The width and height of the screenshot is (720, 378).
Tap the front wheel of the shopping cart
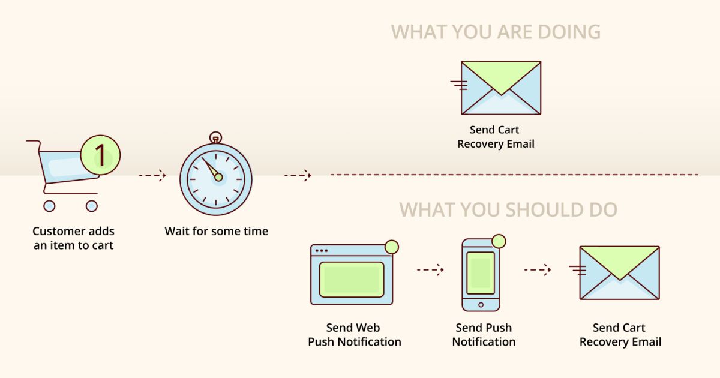[91, 206]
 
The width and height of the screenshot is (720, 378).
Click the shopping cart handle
[33, 142]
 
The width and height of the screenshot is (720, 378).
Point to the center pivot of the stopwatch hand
[218, 177]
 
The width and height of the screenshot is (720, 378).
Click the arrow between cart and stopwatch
[152, 176]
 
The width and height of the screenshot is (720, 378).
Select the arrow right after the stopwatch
[298, 176]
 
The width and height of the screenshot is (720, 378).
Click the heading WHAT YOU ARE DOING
[496, 32]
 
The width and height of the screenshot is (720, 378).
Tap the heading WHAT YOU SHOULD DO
[508, 210]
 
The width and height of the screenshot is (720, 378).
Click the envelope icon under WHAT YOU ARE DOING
[500, 88]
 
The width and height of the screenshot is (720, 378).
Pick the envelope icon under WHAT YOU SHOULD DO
[619, 272]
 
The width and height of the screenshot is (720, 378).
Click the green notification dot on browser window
[392, 247]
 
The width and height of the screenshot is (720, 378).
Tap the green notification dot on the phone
[499, 241]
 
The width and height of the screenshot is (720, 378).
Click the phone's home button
[481, 305]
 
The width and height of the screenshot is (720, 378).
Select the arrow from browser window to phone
[430, 270]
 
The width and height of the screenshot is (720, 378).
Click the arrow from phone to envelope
[537, 270]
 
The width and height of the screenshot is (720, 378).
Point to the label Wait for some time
[216, 231]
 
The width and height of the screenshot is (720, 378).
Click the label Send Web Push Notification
[354, 335]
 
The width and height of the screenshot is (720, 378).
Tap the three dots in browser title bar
[322, 251]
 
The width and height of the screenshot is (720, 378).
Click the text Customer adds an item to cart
[73, 238]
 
